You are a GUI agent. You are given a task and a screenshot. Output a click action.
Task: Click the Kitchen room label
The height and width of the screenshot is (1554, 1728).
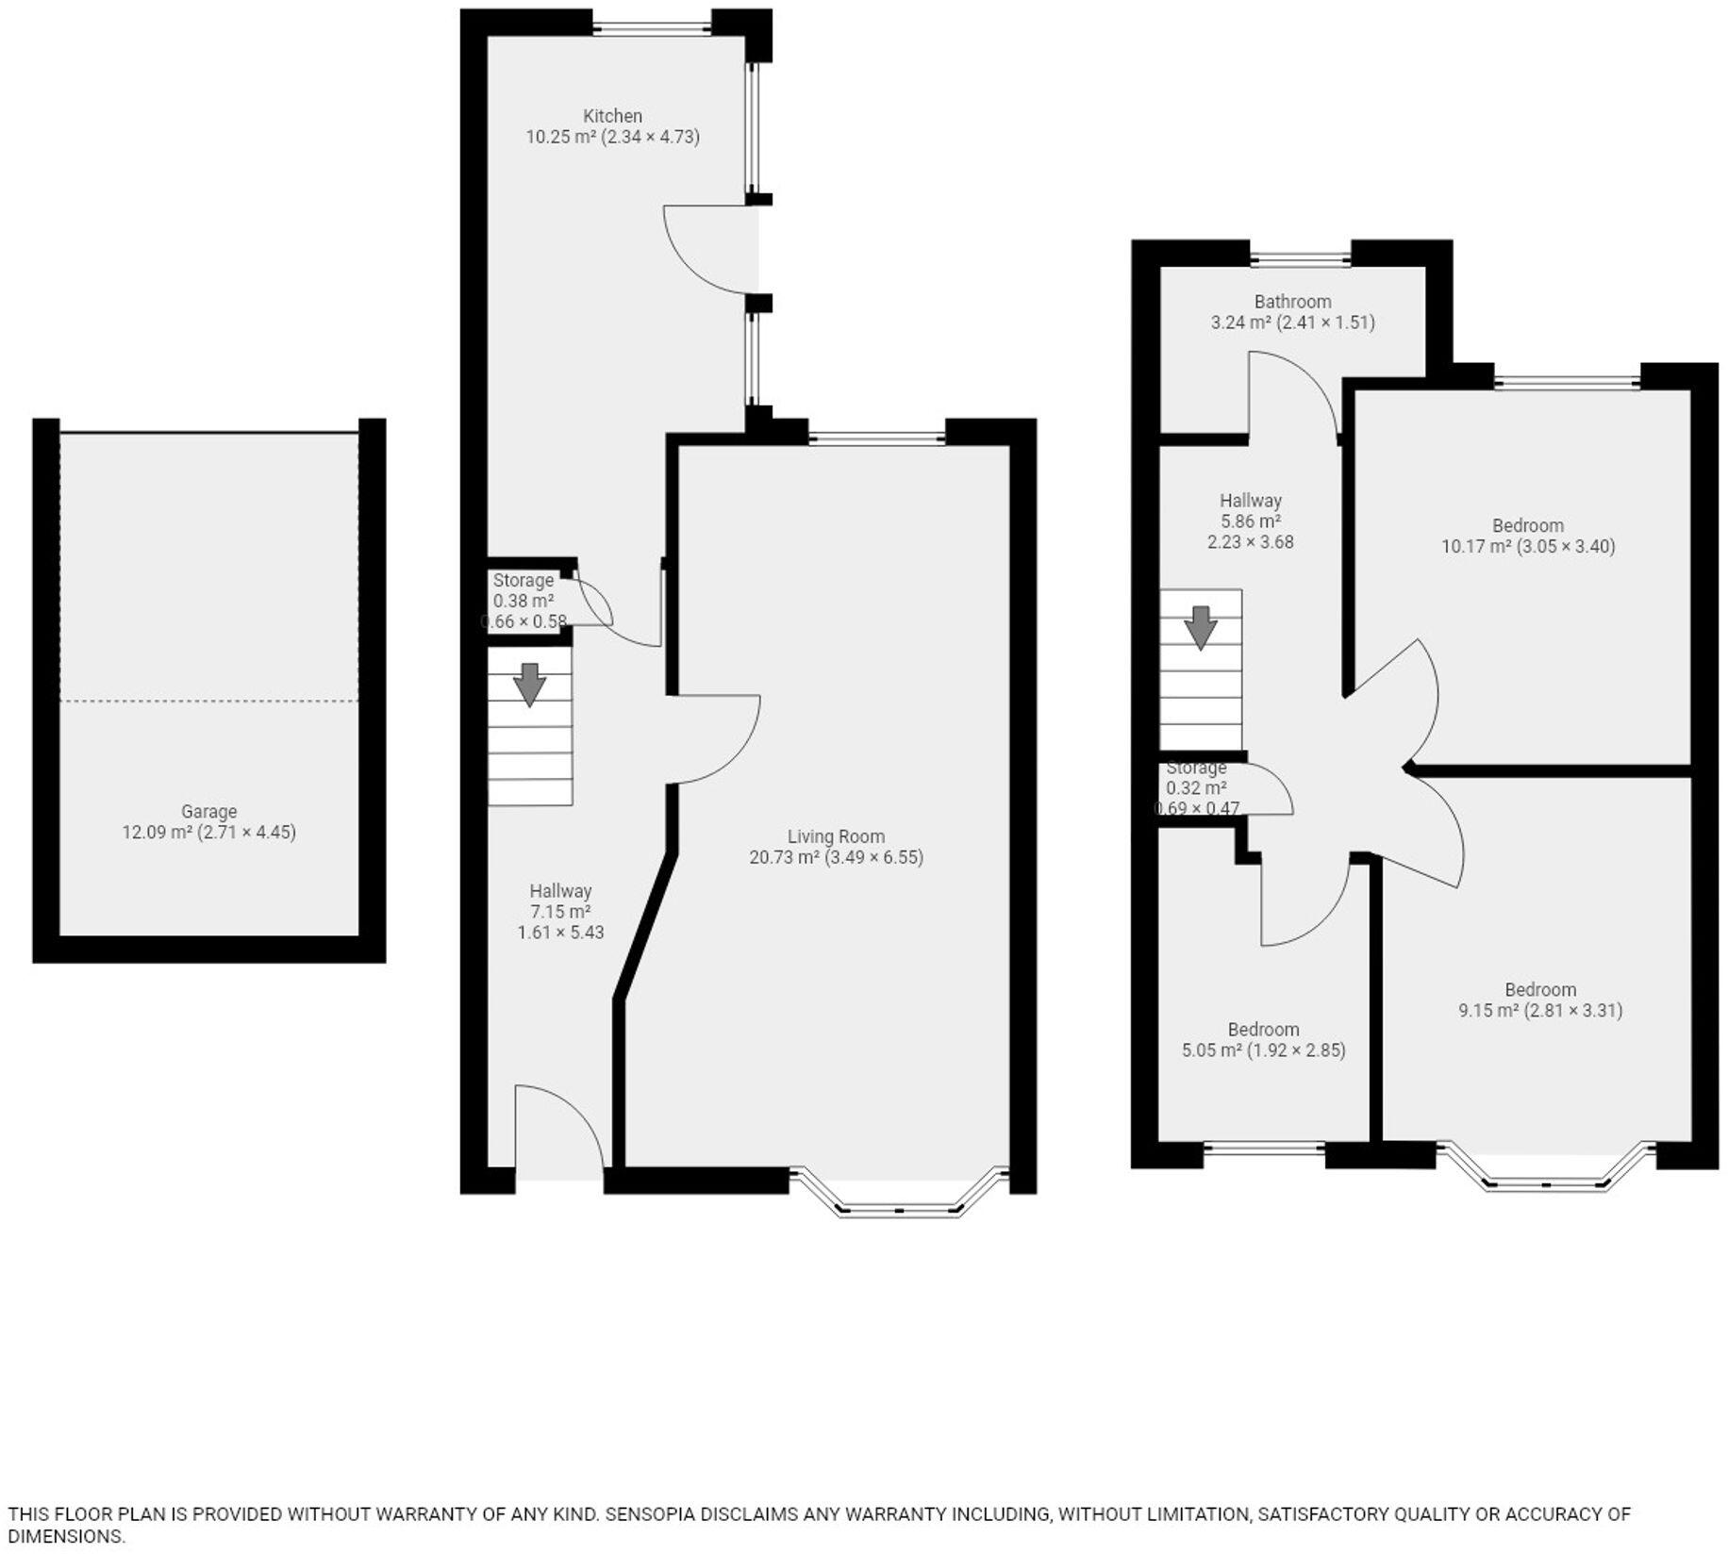(612, 116)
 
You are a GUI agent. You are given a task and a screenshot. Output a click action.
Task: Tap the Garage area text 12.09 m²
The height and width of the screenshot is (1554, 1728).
(157, 833)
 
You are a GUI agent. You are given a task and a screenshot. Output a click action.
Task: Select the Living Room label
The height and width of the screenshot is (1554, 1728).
(836, 836)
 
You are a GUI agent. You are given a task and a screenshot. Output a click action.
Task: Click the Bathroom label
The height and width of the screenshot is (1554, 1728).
(1292, 302)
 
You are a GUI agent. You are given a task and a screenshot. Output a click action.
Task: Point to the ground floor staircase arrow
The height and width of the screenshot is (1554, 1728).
(530, 684)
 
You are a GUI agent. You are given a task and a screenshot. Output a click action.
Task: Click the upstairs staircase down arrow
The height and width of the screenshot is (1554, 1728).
(1200, 627)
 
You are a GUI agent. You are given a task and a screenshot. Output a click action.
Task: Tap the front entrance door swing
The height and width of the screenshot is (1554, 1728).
(557, 1127)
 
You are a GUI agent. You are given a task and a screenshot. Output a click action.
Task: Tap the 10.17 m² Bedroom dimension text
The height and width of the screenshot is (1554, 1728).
(1528, 546)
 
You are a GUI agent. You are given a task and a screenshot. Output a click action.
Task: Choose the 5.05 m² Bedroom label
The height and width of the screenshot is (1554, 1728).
(1263, 1030)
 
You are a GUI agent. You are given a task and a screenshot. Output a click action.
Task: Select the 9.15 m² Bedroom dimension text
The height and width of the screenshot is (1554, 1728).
(1540, 1011)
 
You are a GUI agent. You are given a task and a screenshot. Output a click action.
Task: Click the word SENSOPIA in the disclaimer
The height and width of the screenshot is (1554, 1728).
(650, 1514)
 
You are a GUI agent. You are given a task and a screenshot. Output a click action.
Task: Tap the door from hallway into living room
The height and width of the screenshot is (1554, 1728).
(712, 740)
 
